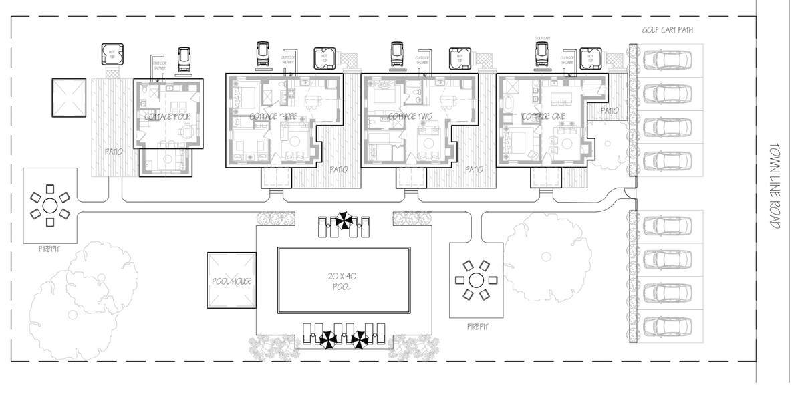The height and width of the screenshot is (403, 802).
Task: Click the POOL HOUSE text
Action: (231, 281)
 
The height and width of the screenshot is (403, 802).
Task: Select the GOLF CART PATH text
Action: (666, 30)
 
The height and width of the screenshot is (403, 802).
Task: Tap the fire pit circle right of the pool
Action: (476, 279)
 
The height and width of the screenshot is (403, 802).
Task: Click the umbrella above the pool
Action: (345, 220)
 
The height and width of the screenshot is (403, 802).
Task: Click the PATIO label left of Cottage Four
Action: (114, 152)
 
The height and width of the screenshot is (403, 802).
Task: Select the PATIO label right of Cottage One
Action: (610, 110)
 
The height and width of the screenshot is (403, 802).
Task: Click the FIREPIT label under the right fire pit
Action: (477, 327)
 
